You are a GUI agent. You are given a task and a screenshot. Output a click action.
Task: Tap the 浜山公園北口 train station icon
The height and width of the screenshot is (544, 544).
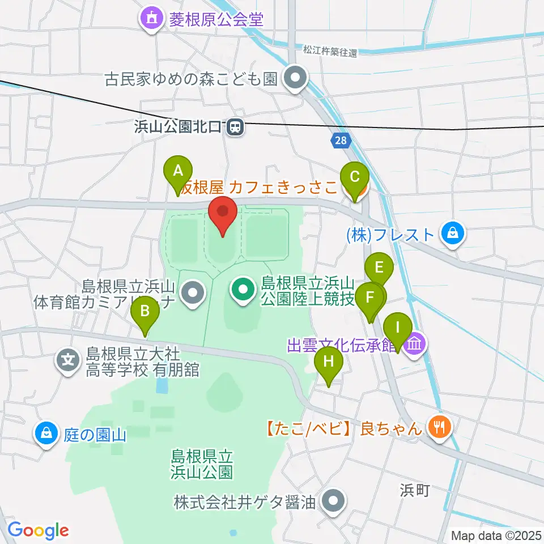point(235,129)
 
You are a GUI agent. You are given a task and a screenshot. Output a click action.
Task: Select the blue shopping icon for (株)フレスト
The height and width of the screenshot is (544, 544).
point(453,234)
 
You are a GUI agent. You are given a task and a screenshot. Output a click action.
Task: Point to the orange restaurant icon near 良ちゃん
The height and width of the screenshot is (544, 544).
point(439,426)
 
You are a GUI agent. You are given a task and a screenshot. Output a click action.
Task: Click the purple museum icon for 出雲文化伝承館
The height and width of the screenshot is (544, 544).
point(415,344)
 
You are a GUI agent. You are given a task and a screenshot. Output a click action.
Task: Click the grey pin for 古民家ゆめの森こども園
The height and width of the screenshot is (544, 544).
point(295,79)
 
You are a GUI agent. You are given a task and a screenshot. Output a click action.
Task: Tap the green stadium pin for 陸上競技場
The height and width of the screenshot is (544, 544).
point(243,291)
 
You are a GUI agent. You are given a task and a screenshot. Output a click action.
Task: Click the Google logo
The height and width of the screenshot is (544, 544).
point(38,530)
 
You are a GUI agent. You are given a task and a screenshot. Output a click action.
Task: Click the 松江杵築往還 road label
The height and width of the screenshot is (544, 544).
point(330,52)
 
